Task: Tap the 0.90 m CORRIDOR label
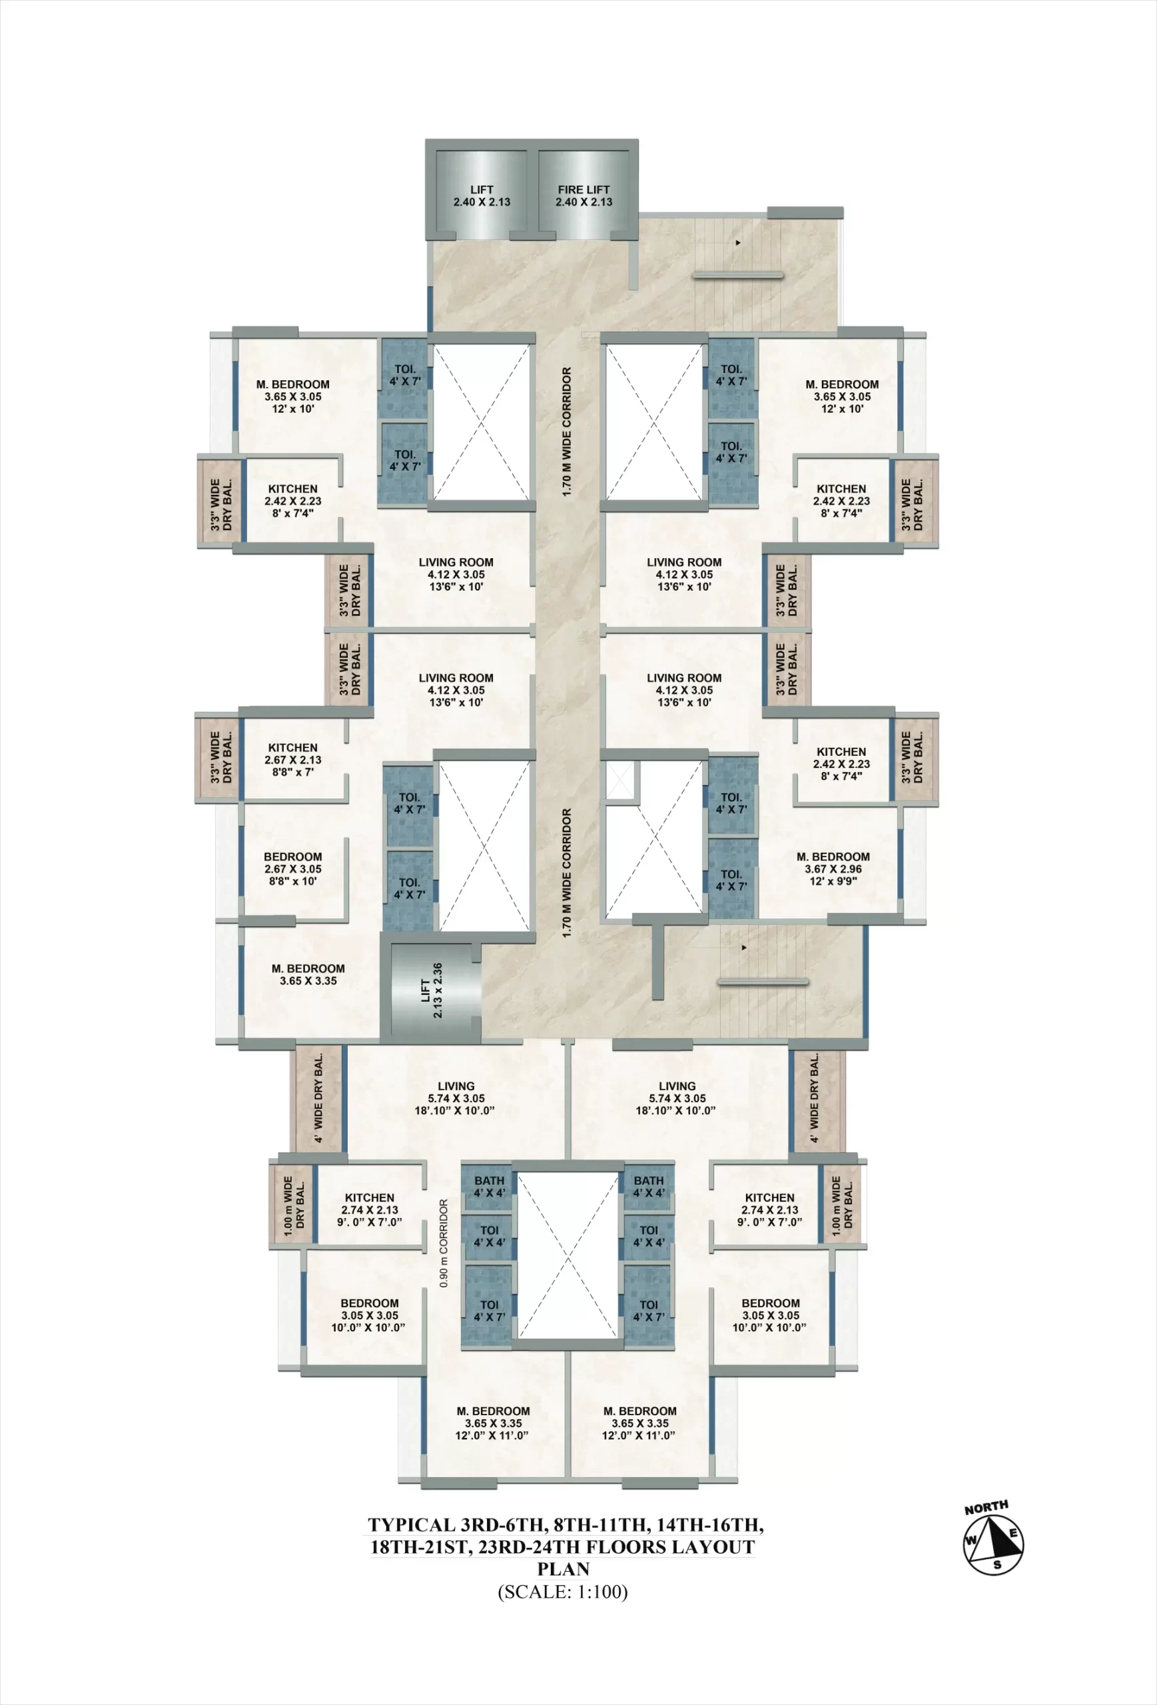pyautogui.click(x=443, y=1243)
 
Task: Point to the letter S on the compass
pyautogui.click(x=997, y=1564)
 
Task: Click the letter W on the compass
pyautogui.click(x=970, y=1539)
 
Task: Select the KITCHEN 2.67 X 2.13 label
pyautogui.click(x=292, y=760)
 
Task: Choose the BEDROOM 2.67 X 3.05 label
pyautogui.click(x=292, y=868)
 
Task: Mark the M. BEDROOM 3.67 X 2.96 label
pyautogui.click(x=833, y=868)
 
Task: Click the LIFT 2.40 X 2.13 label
pyautogui.click(x=482, y=195)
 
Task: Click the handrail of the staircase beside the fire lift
pyautogui.click(x=738, y=276)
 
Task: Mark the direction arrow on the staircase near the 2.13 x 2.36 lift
pyautogui.click(x=744, y=948)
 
